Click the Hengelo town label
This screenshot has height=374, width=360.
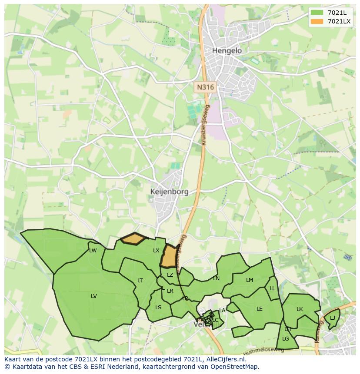pos(227,51)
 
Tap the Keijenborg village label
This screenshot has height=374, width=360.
pos(170,192)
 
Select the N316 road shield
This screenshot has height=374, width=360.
pos(205,87)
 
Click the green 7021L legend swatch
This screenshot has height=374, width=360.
pos(317,13)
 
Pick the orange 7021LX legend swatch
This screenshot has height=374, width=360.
pos(317,21)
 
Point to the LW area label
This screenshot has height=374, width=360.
pos(93,251)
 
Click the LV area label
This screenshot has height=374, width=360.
pos(93,296)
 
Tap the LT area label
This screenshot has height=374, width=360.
pos(140,281)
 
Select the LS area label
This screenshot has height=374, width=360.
pos(158,308)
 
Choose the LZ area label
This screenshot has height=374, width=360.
pos(170,275)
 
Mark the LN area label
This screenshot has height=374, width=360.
pos(216,278)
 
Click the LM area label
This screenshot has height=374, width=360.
pos(249,280)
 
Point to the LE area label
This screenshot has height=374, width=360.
pos(260,309)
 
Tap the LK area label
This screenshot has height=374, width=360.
pos(300,309)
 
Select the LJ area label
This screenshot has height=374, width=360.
pos(333,318)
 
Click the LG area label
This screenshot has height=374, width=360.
pos(286,339)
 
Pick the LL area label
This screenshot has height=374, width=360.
pos(272,288)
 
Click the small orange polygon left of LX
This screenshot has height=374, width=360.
pos(133,238)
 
